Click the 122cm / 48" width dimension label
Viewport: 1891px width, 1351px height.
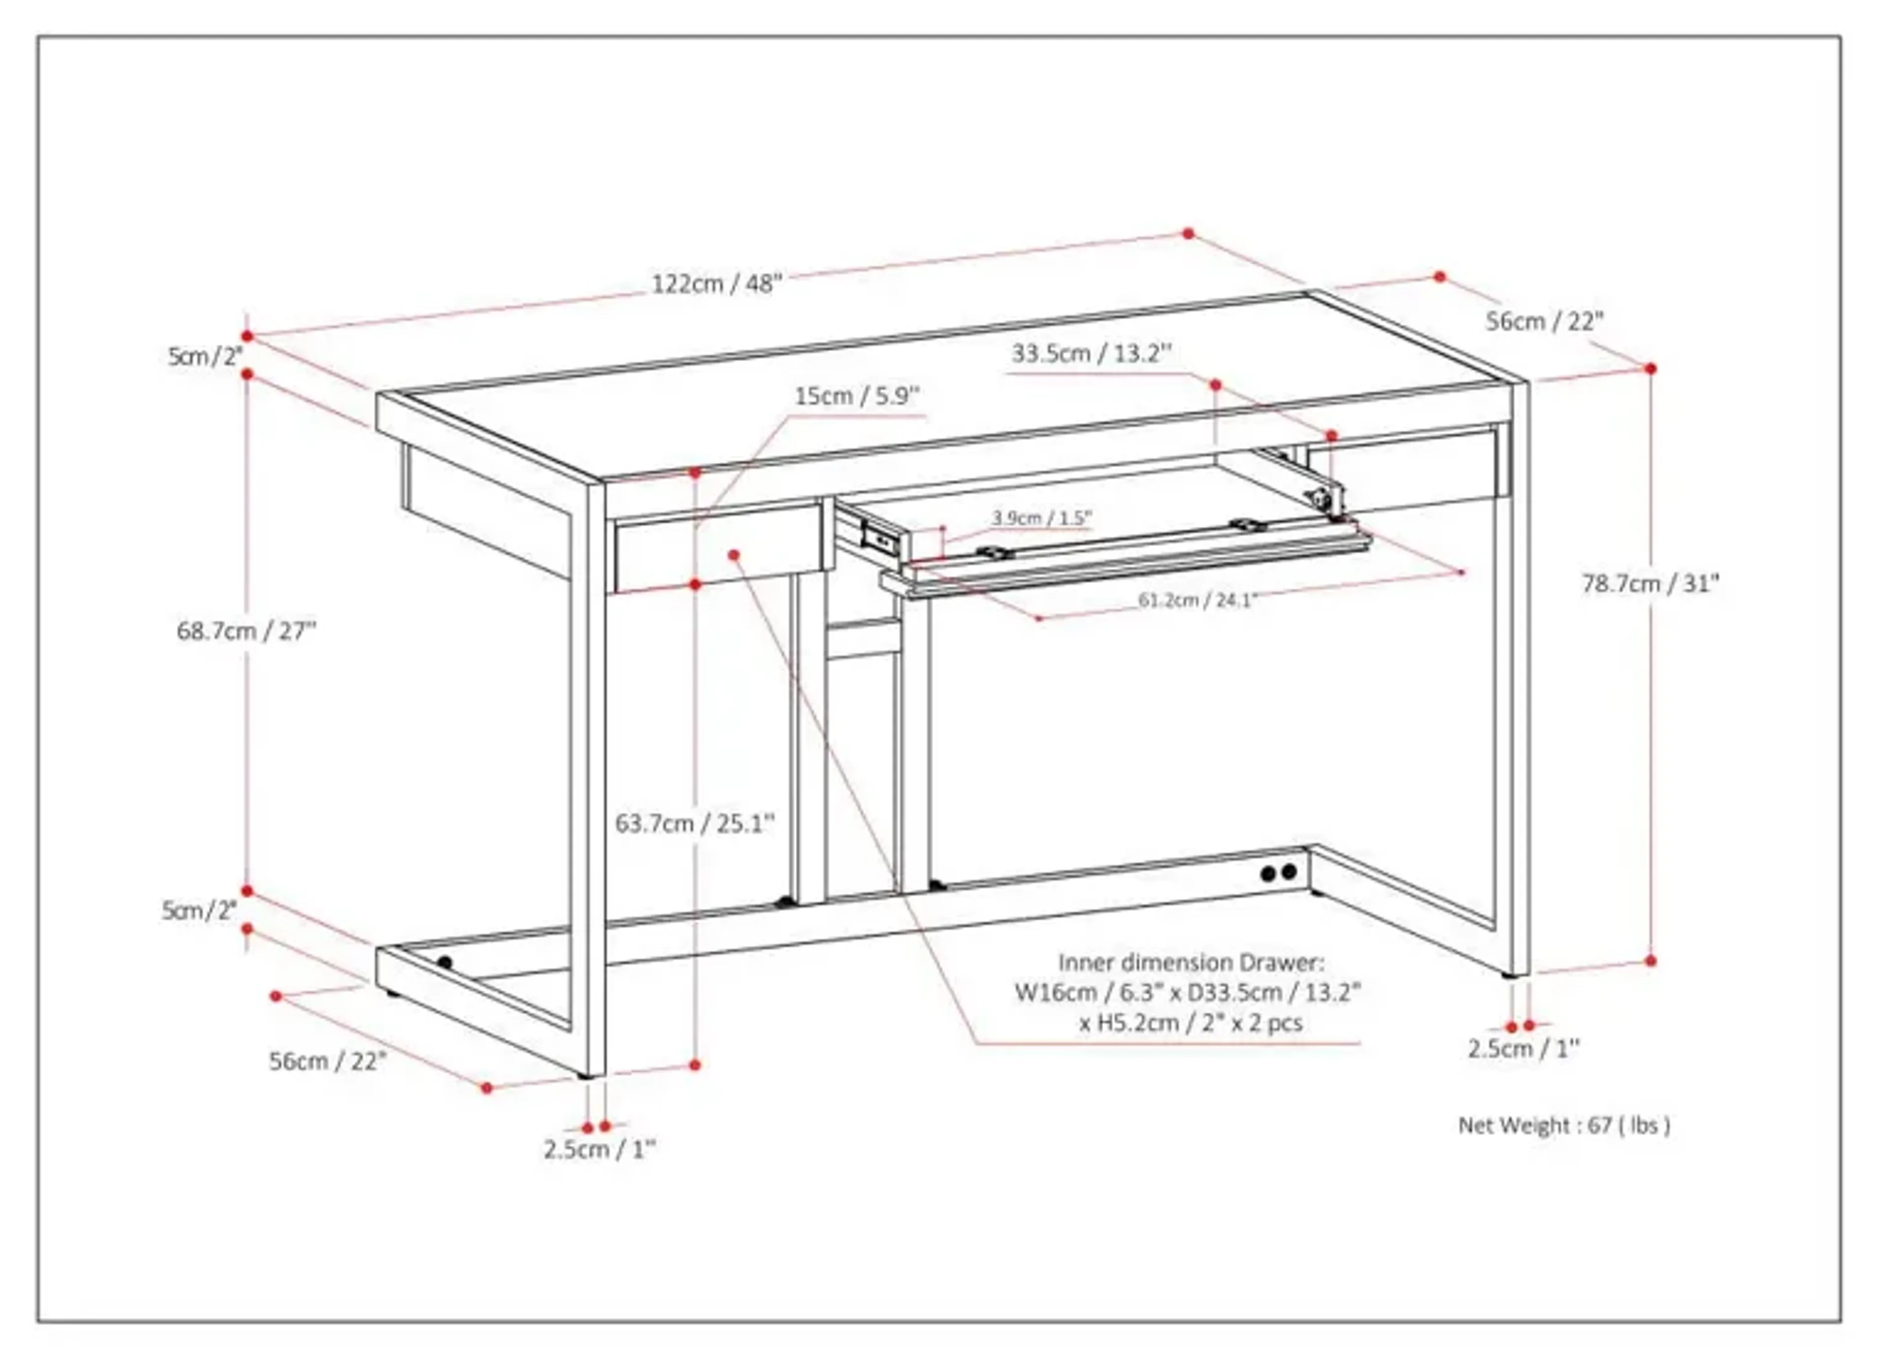pyautogui.click(x=717, y=285)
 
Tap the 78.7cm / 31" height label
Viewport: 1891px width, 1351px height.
pyautogui.click(x=1650, y=584)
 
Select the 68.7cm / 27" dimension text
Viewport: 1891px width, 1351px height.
pyautogui.click(x=246, y=631)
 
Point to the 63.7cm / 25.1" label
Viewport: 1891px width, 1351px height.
pyautogui.click(x=695, y=824)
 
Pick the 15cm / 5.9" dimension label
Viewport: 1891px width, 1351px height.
pyautogui.click(x=857, y=396)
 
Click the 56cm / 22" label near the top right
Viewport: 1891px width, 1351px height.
pyautogui.click(x=1544, y=321)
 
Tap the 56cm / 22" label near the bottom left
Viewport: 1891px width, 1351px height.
pyautogui.click(x=328, y=1061)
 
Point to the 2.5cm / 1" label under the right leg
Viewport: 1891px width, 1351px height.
pyautogui.click(x=1523, y=1049)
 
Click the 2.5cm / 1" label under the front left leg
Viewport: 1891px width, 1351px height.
pyautogui.click(x=599, y=1150)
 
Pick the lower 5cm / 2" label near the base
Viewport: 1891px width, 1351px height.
pyautogui.click(x=199, y=911)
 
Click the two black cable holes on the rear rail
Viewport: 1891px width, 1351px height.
pyautogui.click(x=1278, y=872)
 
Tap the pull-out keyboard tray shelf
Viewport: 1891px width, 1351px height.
pyautogui.click(x=1123, y=562)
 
